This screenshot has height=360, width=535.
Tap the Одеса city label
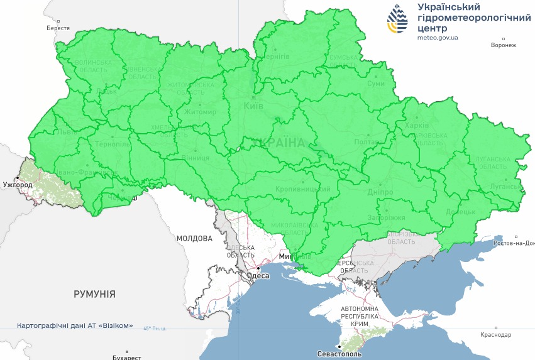point(259,276)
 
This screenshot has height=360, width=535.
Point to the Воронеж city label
point(504,45)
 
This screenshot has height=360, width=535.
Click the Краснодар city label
point(496,335)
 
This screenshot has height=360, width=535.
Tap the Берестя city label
point(58,28)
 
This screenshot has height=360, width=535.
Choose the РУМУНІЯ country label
point(94,294)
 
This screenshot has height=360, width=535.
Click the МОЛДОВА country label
point(195,239)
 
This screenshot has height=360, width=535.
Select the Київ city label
point(253,106)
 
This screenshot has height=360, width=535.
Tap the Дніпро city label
point(381,192)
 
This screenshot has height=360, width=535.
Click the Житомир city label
point(200,112)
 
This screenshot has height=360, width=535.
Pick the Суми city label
point(376,84)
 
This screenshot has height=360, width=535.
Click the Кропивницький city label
point(302,189)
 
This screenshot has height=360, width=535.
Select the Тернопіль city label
point(113,144)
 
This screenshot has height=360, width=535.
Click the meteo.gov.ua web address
point(438,38)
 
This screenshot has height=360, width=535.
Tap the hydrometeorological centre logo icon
point(397,19)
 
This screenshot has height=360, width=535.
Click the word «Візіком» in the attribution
point(117,326)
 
